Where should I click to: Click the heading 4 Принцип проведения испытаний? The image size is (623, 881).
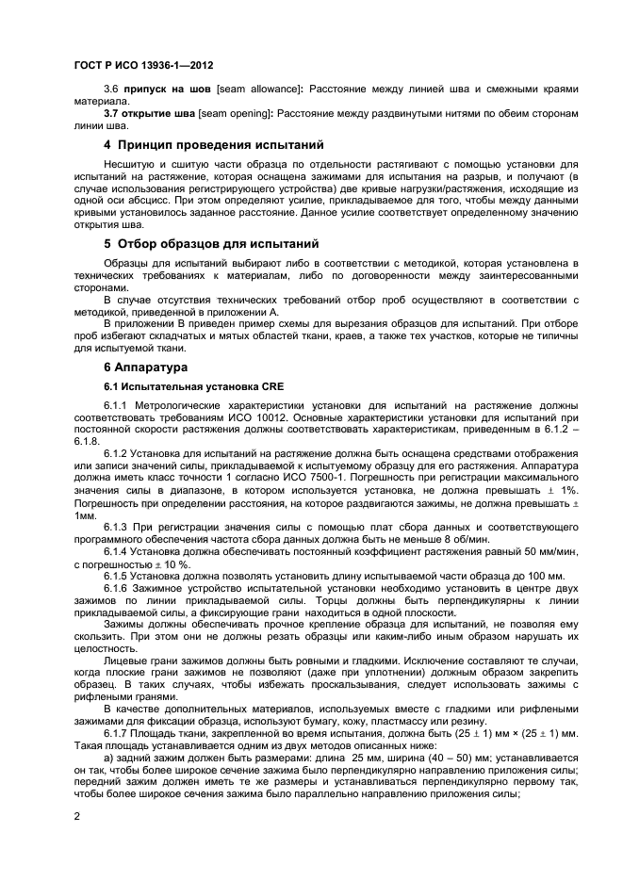pos(213,145)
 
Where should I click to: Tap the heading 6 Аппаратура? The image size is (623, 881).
pos(145,366)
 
